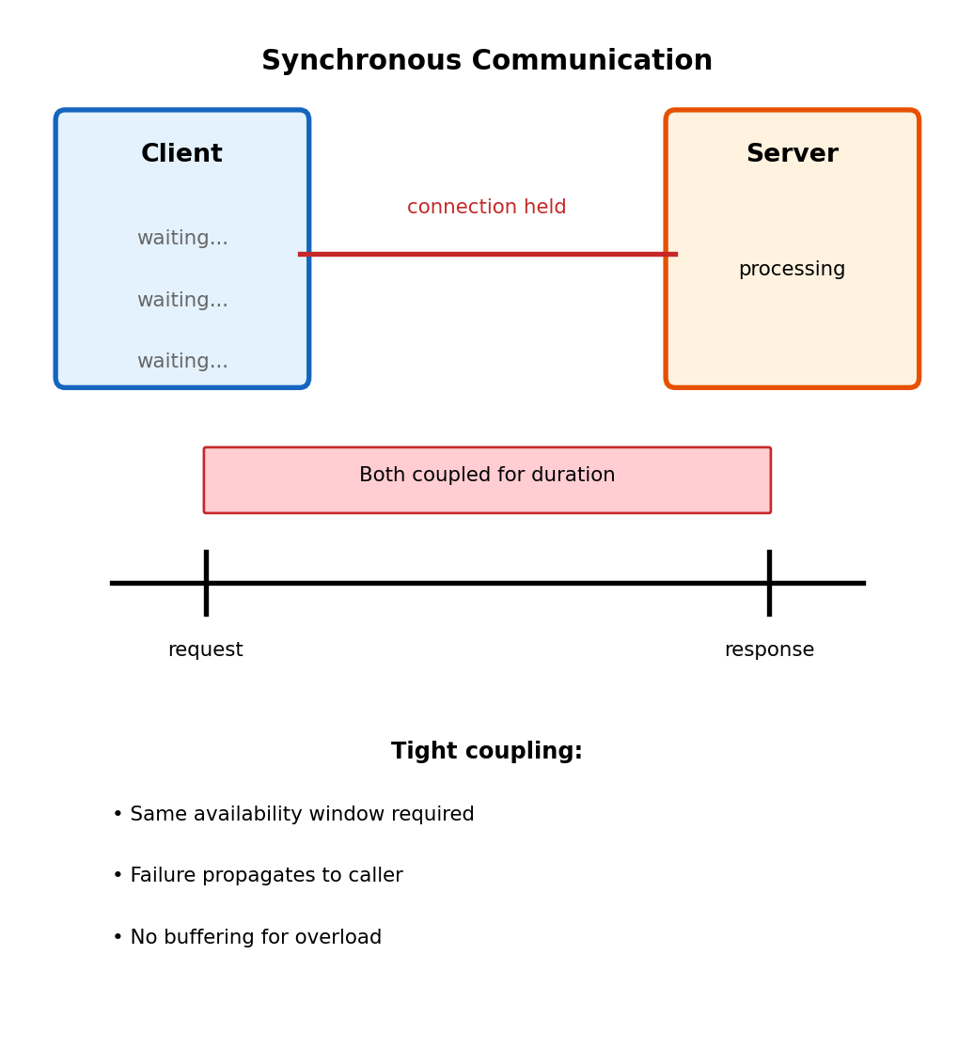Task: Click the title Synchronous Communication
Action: tap(487, 61)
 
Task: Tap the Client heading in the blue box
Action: tap(181, 154)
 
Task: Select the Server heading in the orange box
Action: tap(792, 154)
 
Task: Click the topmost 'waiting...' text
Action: tap(182, 239)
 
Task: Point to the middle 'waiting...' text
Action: tap(182, 301)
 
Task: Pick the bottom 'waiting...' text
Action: tap(182, 362)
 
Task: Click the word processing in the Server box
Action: tap(792, 270)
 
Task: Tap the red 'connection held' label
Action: tap(486, 208)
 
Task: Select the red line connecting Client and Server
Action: tap(487, 254)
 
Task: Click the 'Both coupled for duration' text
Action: tap(487, 476)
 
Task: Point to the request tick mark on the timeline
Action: tap(206, 583)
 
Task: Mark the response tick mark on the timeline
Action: tap(769, 583)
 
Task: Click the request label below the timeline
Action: tap(205, 650)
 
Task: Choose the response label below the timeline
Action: tap(769, 650)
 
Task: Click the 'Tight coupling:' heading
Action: tap(487, 752)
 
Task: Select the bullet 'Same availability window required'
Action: tap(293, 815)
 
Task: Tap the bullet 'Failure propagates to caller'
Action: tap(258, 876)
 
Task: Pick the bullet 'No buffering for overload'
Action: tap(247, 938)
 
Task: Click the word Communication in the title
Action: tap(591, 61)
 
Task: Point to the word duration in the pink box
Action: tap(572, 476)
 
